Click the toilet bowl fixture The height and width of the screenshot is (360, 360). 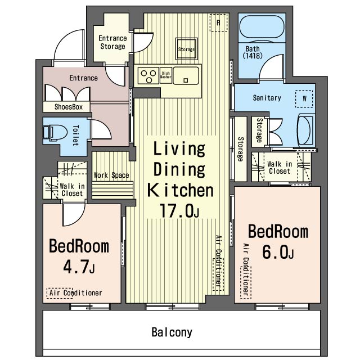(55, 133)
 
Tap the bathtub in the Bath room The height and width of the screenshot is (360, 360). (262, 26)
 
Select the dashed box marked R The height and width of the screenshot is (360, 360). (218, 22)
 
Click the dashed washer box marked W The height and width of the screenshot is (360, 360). (304, 99)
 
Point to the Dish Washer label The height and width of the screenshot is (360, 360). (165, 75)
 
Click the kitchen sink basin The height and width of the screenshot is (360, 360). (186, 75)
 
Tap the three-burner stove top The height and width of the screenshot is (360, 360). (148, 75)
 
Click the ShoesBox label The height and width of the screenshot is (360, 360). (69, 107)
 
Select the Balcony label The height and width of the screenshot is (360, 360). (172, 332)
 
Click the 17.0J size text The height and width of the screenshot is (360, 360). (179, 210)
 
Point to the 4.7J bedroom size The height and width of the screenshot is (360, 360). (79, 267)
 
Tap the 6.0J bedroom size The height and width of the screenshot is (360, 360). (277, 252)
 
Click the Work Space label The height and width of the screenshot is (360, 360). (111, 175)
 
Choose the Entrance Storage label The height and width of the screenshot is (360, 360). (112, 42)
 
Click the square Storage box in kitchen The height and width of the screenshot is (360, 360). (186, 49)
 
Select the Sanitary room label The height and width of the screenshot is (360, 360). (267, 98)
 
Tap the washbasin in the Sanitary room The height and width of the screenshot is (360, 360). (306, 130)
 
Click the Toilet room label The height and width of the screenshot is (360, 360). (75, 136)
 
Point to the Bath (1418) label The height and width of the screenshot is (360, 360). (253, 52)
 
